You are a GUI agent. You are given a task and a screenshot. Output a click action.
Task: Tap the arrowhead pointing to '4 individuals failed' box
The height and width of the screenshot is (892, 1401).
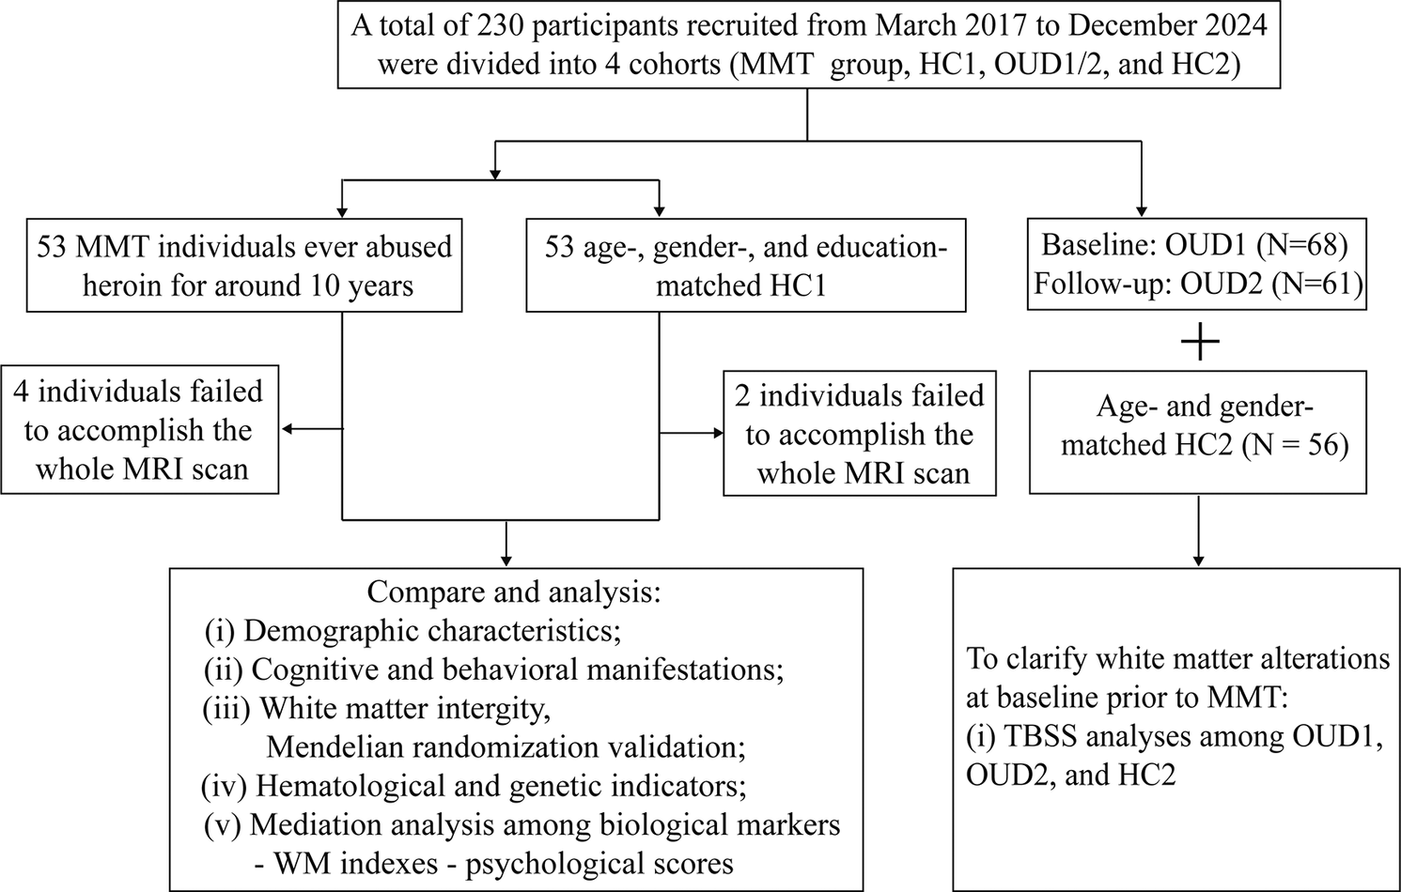point(288,429)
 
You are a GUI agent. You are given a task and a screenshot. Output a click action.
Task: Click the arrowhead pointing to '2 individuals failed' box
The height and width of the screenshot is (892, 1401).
point(718,433)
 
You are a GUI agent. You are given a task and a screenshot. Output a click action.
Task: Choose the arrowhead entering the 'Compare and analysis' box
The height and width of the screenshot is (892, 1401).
point(506,561)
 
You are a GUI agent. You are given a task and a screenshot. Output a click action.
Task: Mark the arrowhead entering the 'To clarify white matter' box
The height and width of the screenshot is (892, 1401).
point(1198,561)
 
